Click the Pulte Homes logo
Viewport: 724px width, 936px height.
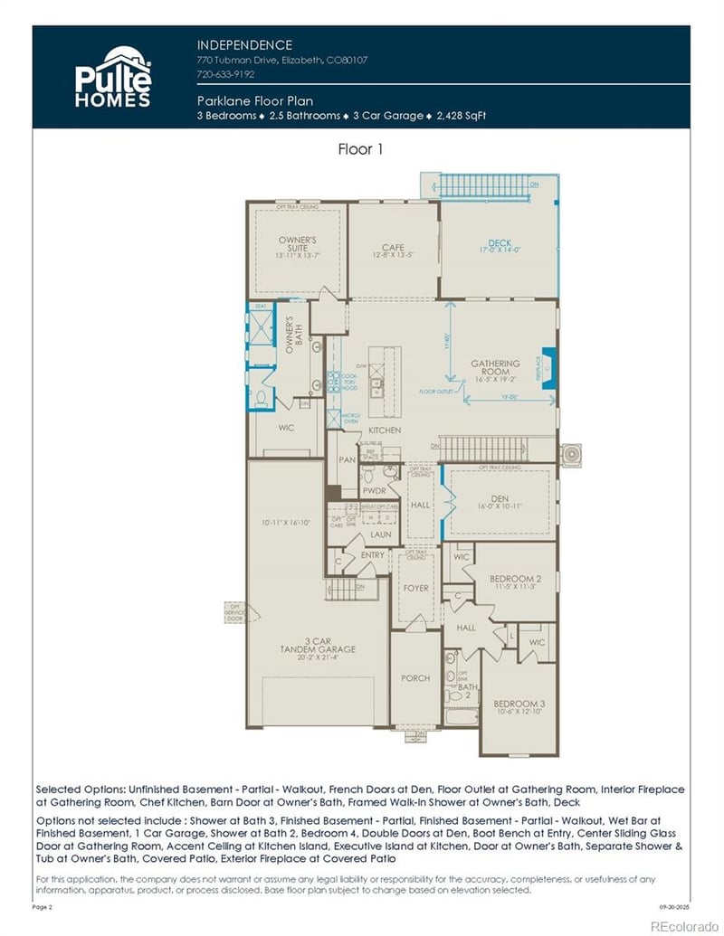(112, 76)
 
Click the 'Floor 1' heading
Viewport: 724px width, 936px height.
(361, 149)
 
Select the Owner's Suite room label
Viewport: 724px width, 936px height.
(297, 243)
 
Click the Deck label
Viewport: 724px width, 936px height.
(500, 243)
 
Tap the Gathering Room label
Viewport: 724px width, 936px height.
(495, 368)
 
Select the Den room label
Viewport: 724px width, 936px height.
(501, 502)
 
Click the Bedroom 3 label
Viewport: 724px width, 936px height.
(519, 704)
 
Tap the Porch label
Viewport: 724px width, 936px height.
(415, 678)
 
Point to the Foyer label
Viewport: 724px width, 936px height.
(415, 589)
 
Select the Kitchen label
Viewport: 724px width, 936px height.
(385, 430)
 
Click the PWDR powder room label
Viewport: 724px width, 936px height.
(374, 491)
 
